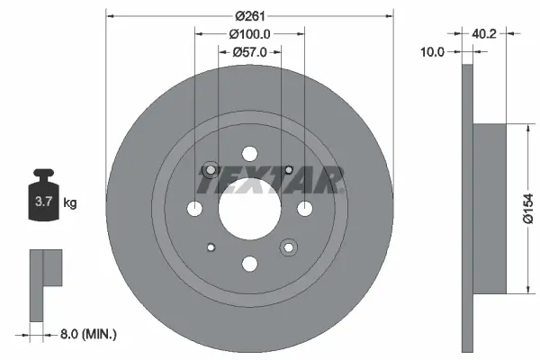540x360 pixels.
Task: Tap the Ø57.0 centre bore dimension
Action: click(249, 51)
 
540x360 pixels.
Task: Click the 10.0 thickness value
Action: click(434, 52)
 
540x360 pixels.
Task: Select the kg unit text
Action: click(70, 203)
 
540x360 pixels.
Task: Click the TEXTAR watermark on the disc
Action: click(270, 183)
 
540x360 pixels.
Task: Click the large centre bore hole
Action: click(249, 209)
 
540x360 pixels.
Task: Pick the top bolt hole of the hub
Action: click(249, 154)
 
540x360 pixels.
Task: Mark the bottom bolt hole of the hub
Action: click(249, 265)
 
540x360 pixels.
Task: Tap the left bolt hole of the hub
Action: click(194, 209)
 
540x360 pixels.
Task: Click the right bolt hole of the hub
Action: click(305, 209)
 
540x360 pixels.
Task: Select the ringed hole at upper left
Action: click(211, 170)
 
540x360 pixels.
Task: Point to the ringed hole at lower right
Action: click(289, 247)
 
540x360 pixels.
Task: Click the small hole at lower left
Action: click(211, 247)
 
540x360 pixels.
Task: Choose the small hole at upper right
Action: click(289, 170)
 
